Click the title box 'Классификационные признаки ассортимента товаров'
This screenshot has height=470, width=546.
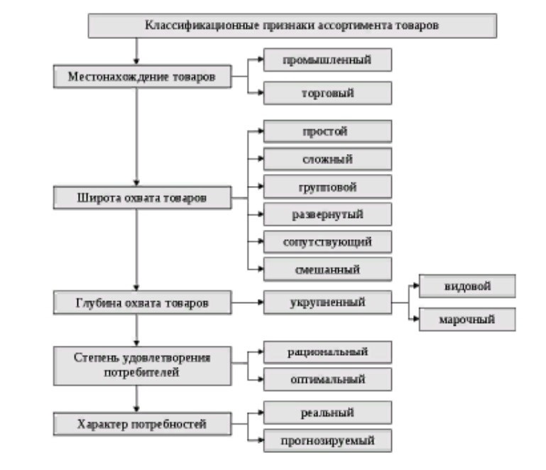[x=292, y=26]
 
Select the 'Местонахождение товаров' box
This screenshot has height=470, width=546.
[x=142, y=77]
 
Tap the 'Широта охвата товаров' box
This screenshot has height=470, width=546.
[x=142, y=198]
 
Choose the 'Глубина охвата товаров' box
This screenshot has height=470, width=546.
[x=142, y=303]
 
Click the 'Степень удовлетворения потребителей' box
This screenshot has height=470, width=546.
[x=142, y=364]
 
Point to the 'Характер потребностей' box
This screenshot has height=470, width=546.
[x=142, y=425]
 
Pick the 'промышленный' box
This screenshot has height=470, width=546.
[x=327, y=60]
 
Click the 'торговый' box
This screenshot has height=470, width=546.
[x=327, y=93]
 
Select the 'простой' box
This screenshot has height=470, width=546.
[x=327, y=131]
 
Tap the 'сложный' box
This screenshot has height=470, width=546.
[x=327, y=159]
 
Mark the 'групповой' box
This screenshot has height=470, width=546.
[x=327, y=187]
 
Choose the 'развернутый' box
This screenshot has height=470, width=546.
[x=327, y=214]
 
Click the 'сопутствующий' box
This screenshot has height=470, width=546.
[x=327, y=241]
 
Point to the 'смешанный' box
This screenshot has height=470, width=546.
[x=327, y=269]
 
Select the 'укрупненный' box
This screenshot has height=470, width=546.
[x=327, y=302]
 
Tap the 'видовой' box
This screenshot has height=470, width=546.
[x=466, y=286]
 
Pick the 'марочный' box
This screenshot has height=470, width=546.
[x=466, y=319]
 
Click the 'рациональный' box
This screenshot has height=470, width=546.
[x=327, y=351]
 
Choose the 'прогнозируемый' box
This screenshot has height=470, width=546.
[x=327, y=441]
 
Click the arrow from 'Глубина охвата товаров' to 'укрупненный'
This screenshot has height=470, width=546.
[x=247, y=303]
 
